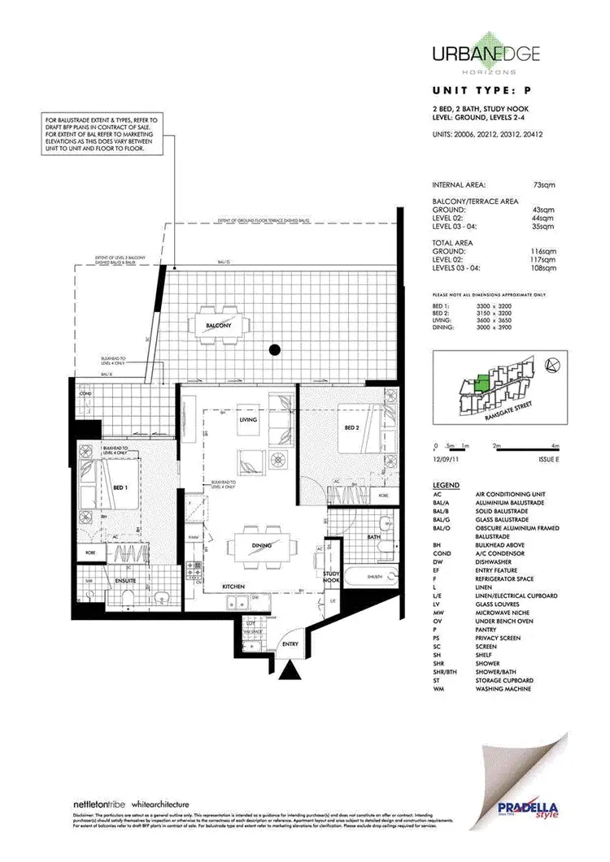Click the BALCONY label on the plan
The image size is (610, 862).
(220, 325)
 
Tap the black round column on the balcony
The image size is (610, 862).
(275, 350)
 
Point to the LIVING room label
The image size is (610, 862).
(248, 420)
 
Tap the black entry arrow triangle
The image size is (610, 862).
(290, 669)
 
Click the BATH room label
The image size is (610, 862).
(373, 537)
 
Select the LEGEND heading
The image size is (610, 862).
(447, 485)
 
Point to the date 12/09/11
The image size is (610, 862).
(448, 460)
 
